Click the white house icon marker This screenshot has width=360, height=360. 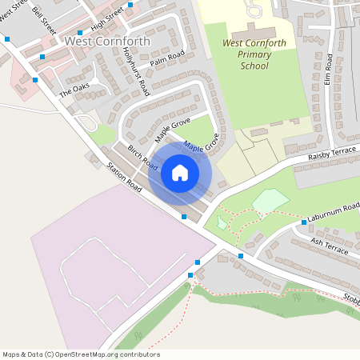(x=180, y=172)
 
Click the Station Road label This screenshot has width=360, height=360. (x=123, y=178)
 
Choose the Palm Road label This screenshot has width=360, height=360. (x=167, y=58)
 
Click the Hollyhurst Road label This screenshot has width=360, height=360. (x=137, y=71)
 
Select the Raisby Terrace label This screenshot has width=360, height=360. (x=332, y=154)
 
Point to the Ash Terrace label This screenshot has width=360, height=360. (x=330, y=246)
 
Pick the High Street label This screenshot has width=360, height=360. (x=107, y=19)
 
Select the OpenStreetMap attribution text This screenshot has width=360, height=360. (x=81, y=354)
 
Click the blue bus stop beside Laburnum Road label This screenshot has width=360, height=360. (x=304, y=222)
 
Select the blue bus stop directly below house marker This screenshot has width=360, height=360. (x=184, y=216)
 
